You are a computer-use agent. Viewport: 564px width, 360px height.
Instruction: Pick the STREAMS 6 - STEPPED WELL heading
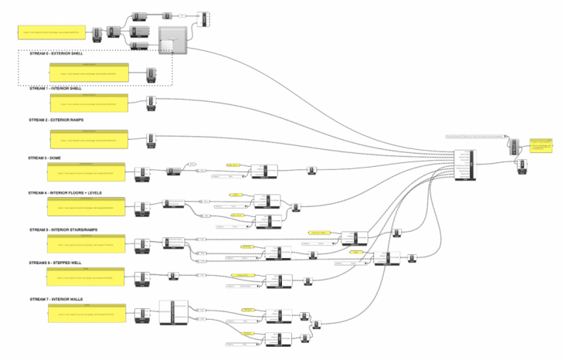55,263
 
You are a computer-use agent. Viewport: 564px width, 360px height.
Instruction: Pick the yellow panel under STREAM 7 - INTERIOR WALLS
86,314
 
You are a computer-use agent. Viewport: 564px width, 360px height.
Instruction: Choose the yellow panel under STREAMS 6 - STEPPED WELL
86,277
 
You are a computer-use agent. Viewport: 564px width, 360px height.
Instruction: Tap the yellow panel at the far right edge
542,145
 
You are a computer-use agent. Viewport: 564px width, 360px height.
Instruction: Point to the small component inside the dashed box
151,75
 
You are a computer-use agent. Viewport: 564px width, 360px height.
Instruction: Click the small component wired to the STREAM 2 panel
151,139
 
